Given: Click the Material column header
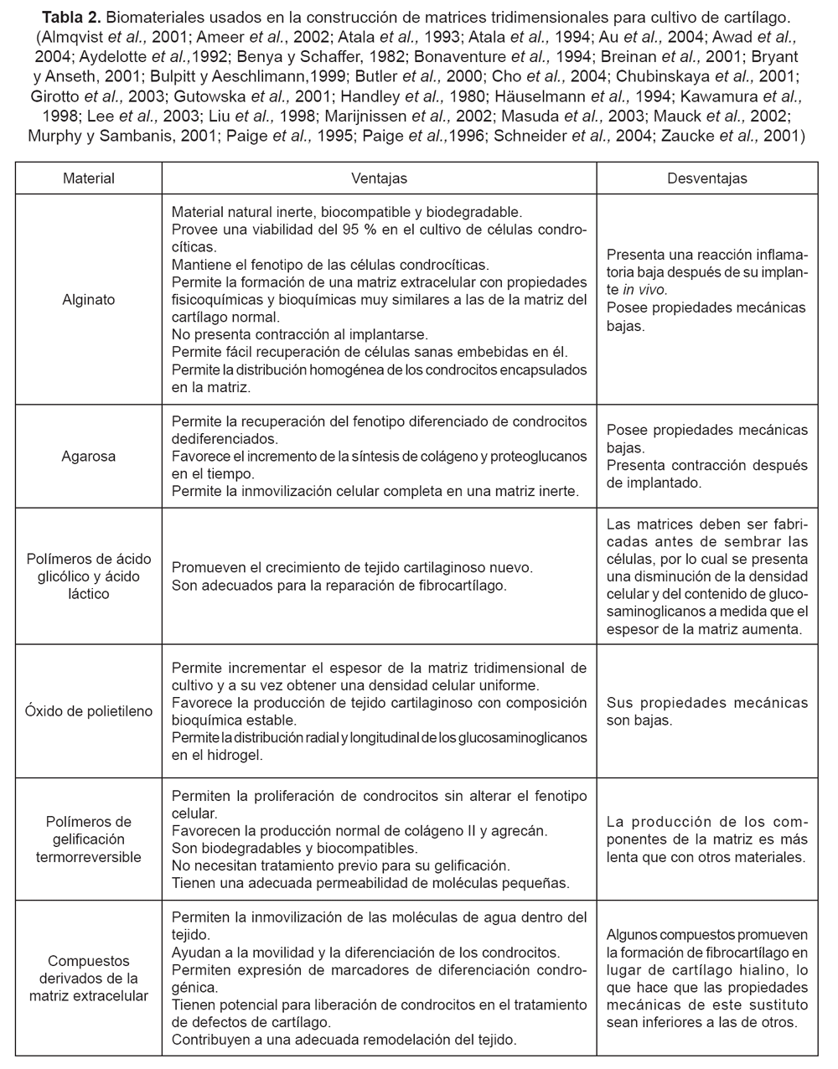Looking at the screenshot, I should click(89, 178).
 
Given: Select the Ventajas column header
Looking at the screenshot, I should click(379, 178).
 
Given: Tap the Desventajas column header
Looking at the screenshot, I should click(707, 178).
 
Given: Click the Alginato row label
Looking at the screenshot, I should click(89, 299).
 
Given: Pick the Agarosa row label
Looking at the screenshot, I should click(89, 457).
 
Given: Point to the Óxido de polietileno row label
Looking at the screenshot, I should click(89, 711).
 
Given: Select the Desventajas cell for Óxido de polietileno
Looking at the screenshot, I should click(707, 711).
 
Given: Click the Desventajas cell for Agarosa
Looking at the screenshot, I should click(707, 457).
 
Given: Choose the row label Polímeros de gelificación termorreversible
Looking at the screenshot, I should click(89, 839).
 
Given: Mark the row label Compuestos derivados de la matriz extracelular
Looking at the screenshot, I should click(89, 978).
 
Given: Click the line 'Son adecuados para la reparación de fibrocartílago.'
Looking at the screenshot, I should click(339, 586).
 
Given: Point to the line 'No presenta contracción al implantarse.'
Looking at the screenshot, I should click(299, 333).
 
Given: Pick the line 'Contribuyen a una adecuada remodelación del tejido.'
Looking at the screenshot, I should click(344, 1040).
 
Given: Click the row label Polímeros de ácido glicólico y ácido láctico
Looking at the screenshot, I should click(89, 576).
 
